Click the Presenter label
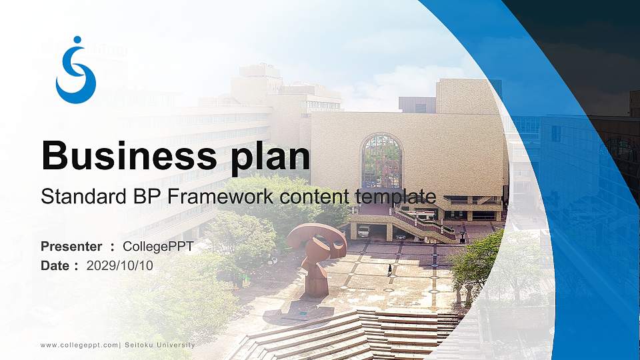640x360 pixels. tap(71, 247)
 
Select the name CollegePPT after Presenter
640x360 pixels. tap(158, 247)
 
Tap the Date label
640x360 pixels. tap(55, 265)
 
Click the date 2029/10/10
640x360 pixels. tap(120, 265)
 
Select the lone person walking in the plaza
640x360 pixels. tap(390, 269)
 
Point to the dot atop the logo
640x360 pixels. tap(77, 40)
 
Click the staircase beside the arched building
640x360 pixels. tap(424, 225)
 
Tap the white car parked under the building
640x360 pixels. tap(363, 231)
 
